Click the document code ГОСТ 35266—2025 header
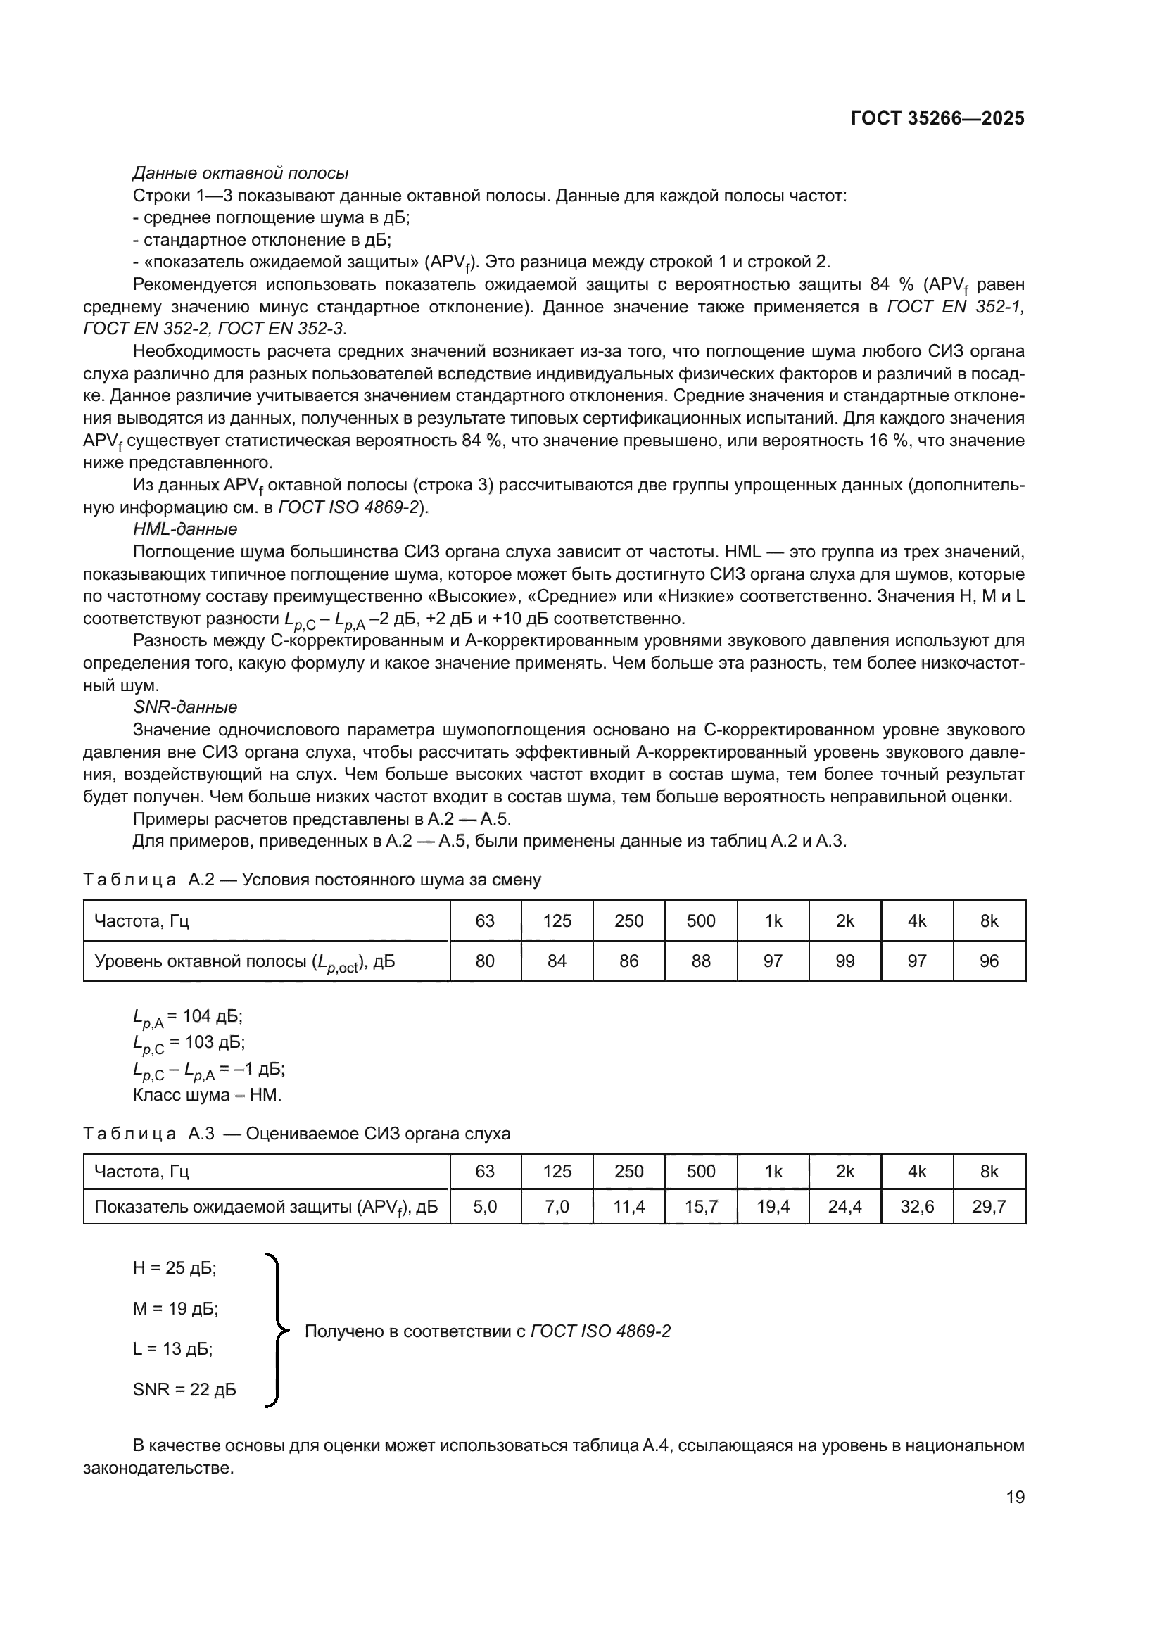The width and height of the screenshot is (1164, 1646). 937,119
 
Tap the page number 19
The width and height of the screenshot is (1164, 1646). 1015,1497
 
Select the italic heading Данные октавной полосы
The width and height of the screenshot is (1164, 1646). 241,173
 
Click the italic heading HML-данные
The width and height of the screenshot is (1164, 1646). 185,529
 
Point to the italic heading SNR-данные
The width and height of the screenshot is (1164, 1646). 185,707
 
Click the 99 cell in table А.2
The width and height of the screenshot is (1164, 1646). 845,961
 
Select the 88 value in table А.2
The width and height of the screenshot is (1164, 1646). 701,961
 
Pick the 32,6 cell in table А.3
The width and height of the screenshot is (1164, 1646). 918,1207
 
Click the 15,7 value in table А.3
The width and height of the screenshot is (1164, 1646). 701,1207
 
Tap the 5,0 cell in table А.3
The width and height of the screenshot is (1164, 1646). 486,1207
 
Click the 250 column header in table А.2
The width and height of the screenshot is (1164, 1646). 629,920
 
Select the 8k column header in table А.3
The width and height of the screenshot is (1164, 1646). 989,1172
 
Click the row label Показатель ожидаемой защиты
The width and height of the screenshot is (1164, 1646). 266,1208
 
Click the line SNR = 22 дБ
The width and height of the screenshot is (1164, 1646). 184,1389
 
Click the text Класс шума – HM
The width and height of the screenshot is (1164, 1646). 207,1095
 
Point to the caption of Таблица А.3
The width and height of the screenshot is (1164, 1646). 297,1134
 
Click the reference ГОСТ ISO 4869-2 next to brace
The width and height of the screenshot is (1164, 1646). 600,1331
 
